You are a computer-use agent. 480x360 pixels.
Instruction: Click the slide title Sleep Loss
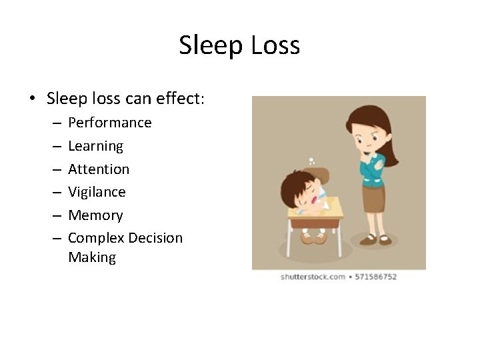[x=239, y=45]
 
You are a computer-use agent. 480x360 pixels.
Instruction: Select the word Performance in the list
[x=109, y=123]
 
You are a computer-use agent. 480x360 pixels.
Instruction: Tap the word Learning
[x=95, y=146]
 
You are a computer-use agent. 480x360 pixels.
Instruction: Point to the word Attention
[x=99, y=169]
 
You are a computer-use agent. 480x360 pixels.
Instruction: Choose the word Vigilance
[x=97, y=192]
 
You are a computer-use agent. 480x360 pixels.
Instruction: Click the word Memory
[x=95, y=215]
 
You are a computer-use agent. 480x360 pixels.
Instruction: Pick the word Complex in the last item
[x=95, y=238]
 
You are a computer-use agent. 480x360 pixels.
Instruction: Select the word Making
[x=91, y=257]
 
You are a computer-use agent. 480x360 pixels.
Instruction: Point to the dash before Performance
[x=55, y=123]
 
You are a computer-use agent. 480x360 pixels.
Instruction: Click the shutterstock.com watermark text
[x=312, y=277]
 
